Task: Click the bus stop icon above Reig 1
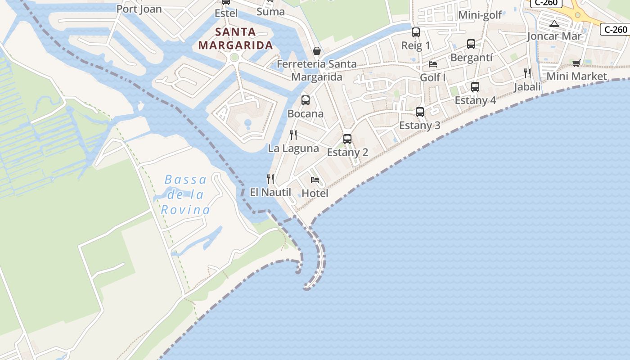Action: click(x=416, y=32)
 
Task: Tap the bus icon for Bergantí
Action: click(x=471, y=44)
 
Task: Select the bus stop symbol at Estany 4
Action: click(x=475, y=87)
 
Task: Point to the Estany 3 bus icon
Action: click(x=420, y=112)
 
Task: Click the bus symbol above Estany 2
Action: click(x=347, y=139)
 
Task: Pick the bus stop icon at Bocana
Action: click(x=306, y=100)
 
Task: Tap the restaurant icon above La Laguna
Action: click(x=293, y=135)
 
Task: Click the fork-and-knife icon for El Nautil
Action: click(x=270, y=179)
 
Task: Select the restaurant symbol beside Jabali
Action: click(x=527, y=73)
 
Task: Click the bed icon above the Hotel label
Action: click(x=315, y=180)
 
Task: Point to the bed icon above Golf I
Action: click(x=433, y=64)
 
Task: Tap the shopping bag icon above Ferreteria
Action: click(x=317, y=51)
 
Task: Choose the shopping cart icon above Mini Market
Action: click(x=576, y=63)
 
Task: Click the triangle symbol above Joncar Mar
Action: click(x=554, y=23)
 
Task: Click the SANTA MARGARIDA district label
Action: click(x=235, y=39)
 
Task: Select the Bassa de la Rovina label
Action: click(x=185, y=195)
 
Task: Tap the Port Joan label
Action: click(x=139, y=9)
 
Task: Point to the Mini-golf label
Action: click(x=480, y=15)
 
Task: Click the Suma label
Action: click(x=270, y=12)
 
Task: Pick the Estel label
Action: click(x=226, y=13)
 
